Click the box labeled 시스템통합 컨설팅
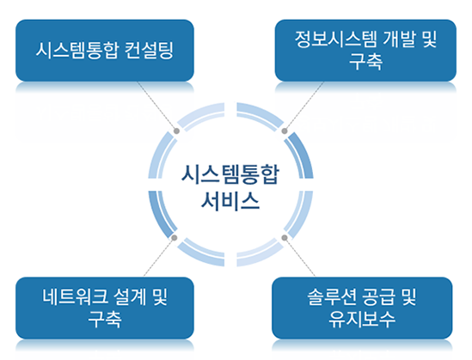point(105,51)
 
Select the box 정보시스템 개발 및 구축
point(365,51)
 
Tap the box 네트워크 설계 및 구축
point(105,308)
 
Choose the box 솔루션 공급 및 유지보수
point(362,308)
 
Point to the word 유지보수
point(362,319)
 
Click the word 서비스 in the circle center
point(230,200)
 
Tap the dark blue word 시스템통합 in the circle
point(230,174)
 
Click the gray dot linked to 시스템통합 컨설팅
point(177,131)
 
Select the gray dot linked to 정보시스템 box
point(285,131)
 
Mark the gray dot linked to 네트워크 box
point(174,238)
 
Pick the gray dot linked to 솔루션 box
point(285,238)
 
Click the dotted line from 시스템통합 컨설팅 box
point(156,106)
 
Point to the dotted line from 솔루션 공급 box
point(300,257)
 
